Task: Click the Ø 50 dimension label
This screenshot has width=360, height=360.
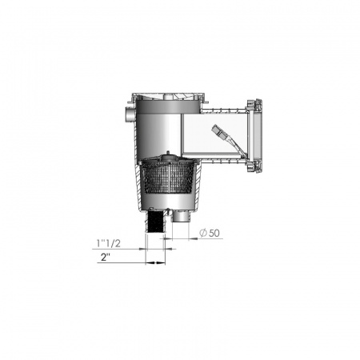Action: (210, 233)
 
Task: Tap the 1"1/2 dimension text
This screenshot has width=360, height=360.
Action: (109, 243)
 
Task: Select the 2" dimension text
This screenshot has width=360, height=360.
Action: (106, 258)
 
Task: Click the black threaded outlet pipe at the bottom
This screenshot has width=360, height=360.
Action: (154, 222)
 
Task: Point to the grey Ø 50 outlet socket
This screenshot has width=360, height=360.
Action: (181, 215)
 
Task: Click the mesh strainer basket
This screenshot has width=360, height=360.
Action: (169, 176)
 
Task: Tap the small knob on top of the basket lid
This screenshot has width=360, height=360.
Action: (167, 153)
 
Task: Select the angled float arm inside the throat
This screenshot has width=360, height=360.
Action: (226, 140)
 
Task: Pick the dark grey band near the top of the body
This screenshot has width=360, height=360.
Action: (166, 106)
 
